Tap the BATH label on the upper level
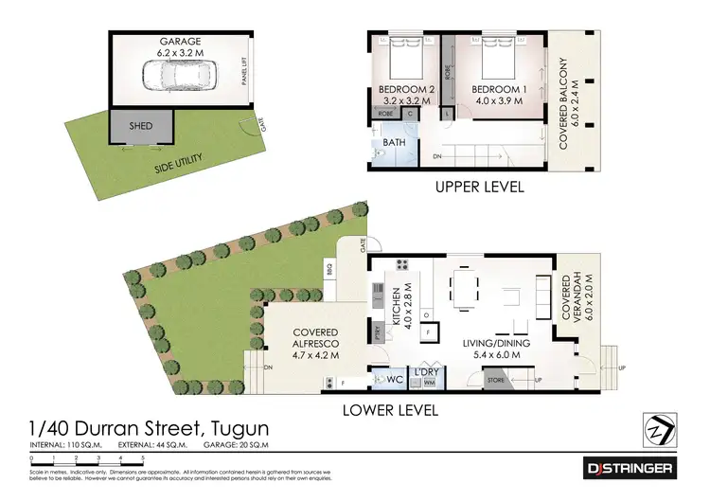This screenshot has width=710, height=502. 394,145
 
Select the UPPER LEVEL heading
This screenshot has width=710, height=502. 480,188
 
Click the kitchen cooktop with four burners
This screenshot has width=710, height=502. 401,267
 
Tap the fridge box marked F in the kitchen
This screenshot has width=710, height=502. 429,332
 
